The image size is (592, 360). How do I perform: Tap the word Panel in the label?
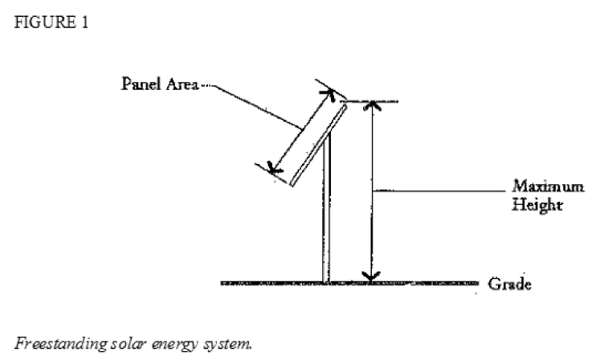pos(138,85)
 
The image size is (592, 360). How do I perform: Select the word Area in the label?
pos(177,85)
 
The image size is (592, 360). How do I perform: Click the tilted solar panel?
pos(317,145)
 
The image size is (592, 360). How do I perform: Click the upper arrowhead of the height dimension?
pos(369,107)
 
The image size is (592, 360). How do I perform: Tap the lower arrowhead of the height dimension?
pos(369,276)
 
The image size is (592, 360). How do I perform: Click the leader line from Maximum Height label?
pos(442,190)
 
